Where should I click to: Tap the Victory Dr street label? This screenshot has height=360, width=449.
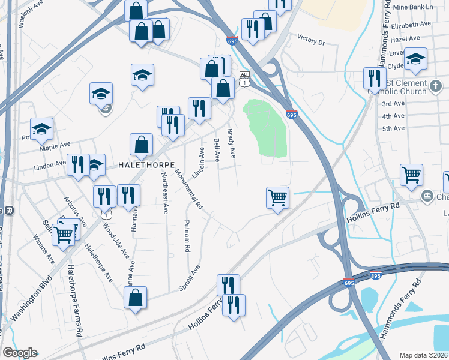pyautogui.click(x=310, y=43)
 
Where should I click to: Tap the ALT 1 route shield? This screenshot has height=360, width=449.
pyautogui.click(x=243, y=79)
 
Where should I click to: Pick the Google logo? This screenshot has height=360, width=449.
pyautogui.click(x=20, y=353)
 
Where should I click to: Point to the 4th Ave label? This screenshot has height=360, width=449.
pyautogui.click(x=393, y=116)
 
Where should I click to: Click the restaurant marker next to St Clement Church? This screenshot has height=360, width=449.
pyautogui.click(x=374, y=79)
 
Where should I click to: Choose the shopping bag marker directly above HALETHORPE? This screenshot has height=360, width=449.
pyautogui.click(x=141, y=145)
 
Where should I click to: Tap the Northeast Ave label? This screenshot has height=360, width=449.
pyautogui.click(x=164, y=193)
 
